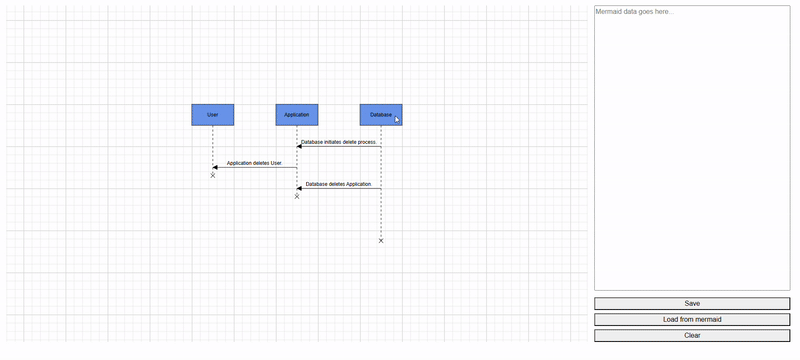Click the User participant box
coord(212,115)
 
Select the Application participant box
coord(297,115)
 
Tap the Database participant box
coord(381,115)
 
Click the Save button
coord(692,303)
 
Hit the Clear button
coord(692,335)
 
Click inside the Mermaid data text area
coord(692,150)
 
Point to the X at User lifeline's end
coord(213,175)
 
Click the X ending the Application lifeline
coord(297,196)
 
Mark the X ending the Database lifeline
coord(381,241)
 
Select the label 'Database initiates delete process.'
coord(339,142)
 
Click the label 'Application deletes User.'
coord(255,163)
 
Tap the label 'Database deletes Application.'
coord(339,184)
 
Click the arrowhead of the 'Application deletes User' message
coord(216,167)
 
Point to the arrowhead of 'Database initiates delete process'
coord(300,147)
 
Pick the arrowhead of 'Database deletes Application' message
coord(300,188)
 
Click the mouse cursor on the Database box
coord(397,120)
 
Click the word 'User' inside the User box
coord(212,115)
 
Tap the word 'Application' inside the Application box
coord(297,115)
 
